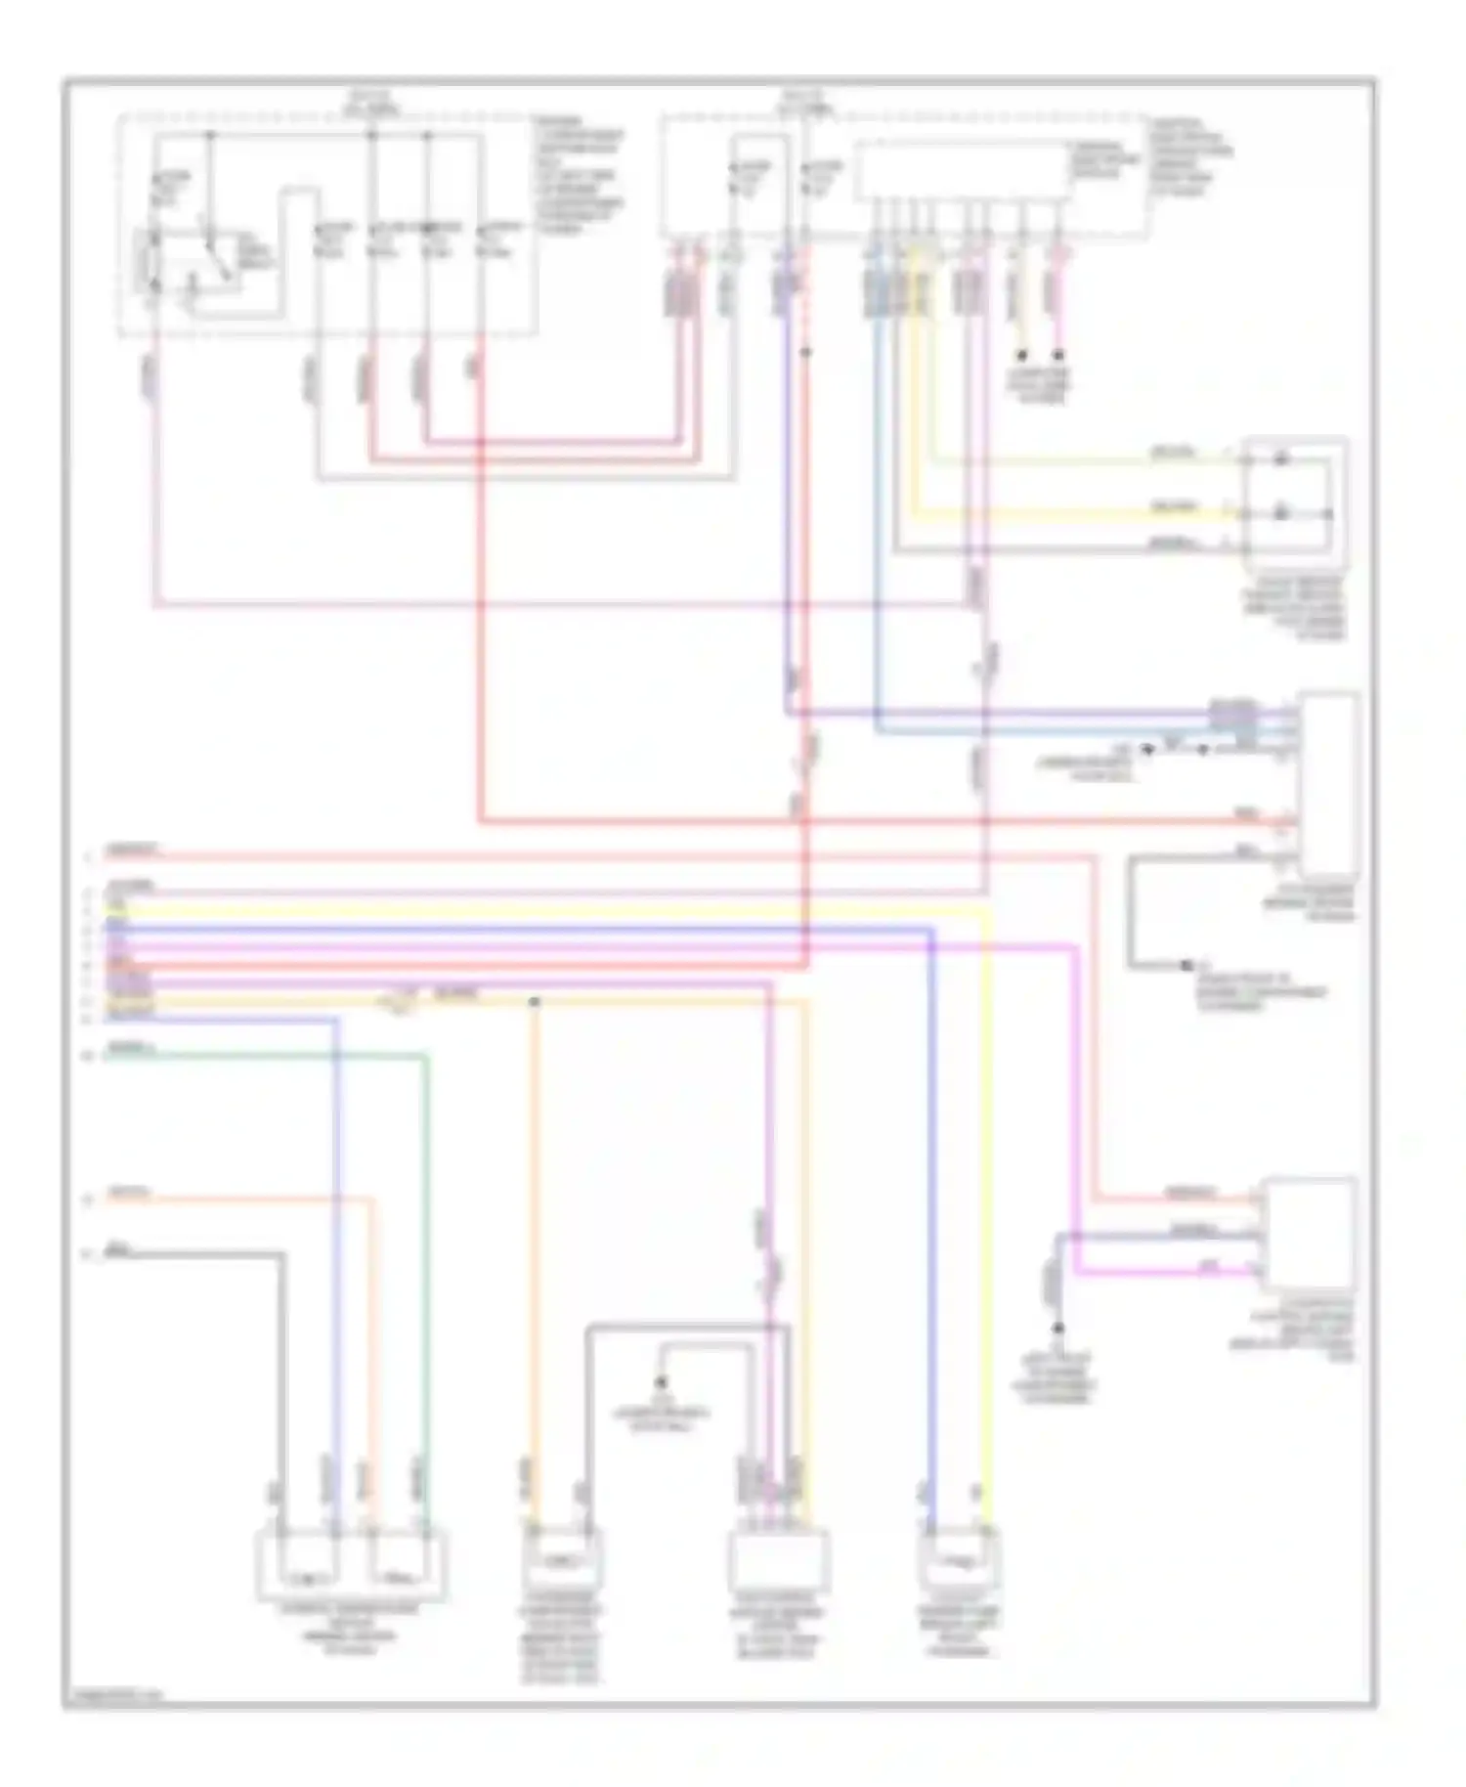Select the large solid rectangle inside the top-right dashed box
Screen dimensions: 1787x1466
pos(963,172)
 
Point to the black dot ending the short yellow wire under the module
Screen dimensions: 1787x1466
pos(1022,355)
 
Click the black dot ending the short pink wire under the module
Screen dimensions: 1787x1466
pos(1058,355)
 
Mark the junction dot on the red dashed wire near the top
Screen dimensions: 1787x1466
pos(805,350)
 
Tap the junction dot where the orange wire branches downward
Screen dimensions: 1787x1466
pos(535,1002)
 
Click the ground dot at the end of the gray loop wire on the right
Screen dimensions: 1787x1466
pos(1186,965)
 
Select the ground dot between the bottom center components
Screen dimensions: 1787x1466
pos(661,1381)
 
